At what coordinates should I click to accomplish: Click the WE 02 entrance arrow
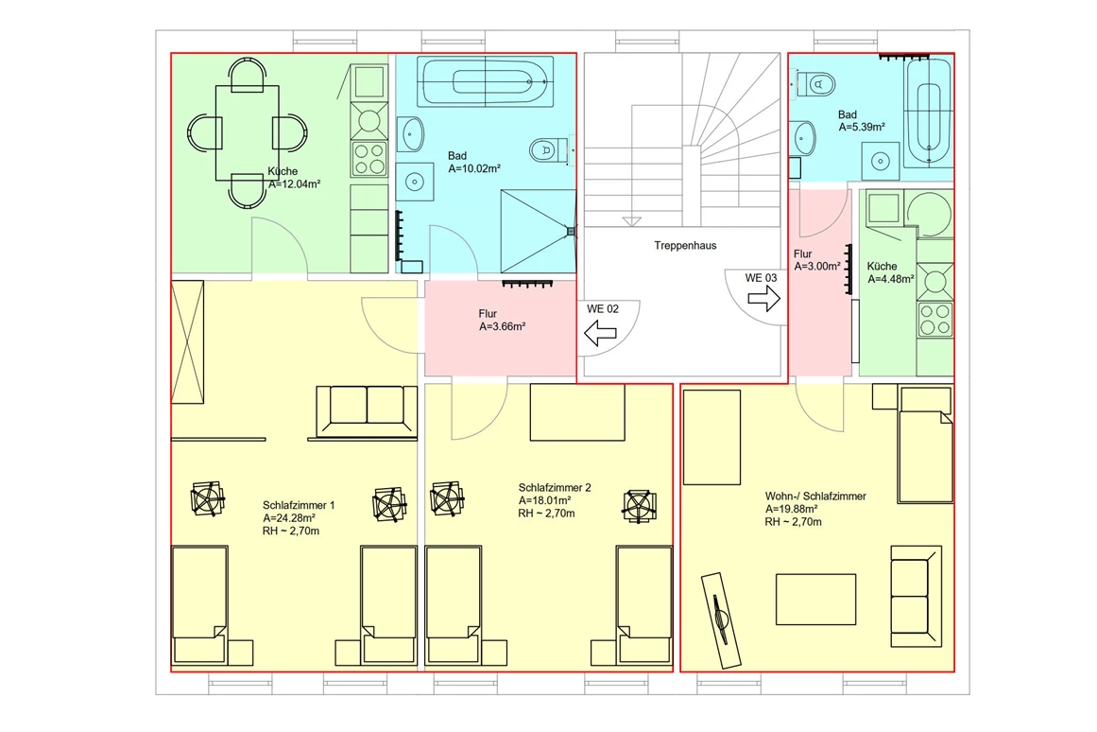pos(600,333)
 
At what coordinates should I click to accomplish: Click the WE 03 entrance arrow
pos(764,299)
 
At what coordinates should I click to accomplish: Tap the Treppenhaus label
pos(685,245)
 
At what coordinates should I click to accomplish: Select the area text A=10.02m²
pos(474,169)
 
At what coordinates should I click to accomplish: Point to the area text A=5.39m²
pos(862,128)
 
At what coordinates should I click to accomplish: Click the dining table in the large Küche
pos(247,132)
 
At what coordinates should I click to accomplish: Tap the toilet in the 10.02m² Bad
pos(548,150)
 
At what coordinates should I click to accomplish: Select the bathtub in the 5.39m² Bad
pos(929,113)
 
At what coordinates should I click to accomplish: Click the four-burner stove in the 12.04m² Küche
pos(369,159)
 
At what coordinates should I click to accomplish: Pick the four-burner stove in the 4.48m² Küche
pos(935,320)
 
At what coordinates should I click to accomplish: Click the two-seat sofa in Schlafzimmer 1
pos(367,411)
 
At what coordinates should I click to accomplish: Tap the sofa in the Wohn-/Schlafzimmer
pos(916,596)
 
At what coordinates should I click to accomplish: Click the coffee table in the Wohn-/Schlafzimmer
pos(815,600)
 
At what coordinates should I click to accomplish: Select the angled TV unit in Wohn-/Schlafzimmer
pos(721,620)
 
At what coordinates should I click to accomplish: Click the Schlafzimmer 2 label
pos(555,488)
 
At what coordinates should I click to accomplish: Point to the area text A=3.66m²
pos(503,326)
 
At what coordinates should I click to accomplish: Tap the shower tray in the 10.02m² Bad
pos(538,231)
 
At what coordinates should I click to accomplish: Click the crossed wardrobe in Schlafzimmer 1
pos(187,341)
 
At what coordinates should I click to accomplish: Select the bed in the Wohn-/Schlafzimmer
pos(925,445)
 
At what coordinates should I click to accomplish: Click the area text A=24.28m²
pos(289,517)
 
